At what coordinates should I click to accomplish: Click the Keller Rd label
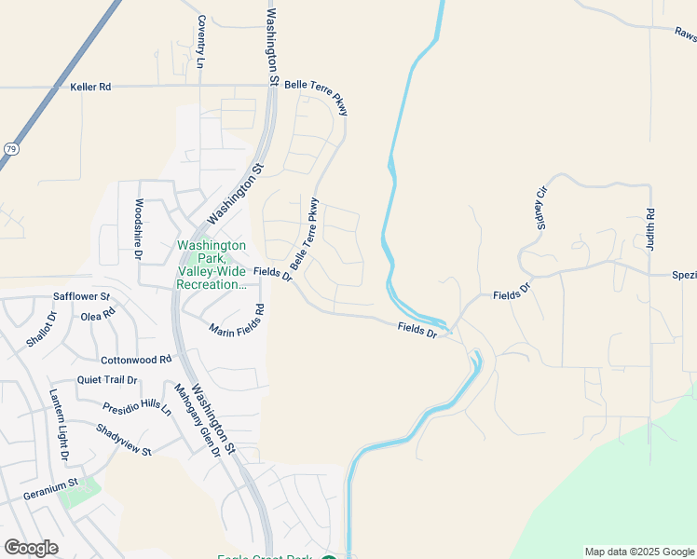pyautogui.click(x=90, y=87)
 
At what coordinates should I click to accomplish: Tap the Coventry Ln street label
pyautogui.click(x=199, y=42)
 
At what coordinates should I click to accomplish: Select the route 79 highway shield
pyautogui.click(x=10, y=148)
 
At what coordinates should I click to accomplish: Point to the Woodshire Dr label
pyautogui.click(x=139, y=225)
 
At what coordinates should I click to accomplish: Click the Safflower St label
pyautogui.click(x=82, y=296)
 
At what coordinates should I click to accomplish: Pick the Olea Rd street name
pyautogui.click(x=97, y=315)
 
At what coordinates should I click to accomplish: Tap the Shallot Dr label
pyautogui.click(x=40, y=329)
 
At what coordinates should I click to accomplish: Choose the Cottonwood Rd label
pyautogui.click(x=136, y=359)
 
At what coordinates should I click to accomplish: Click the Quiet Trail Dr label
pyautogui.click(x=107, y=380)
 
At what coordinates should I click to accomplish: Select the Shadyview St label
pyautogui.click(x=123, y=440)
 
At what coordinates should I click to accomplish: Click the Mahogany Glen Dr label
pyautogui.click(x=196, y=420)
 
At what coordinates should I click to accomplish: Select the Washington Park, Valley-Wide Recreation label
pyautogui.click(x=212, y=265)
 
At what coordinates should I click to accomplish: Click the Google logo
pyautogui.click(x=32, y=548)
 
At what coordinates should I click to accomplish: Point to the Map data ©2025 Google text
pyautogui.click(x=638, y=552)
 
